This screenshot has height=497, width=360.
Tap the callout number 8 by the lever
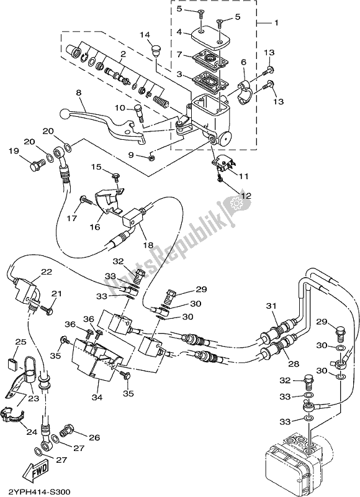point(79,94)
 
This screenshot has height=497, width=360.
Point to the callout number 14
point(145,34)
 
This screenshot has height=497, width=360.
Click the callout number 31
point(271,306)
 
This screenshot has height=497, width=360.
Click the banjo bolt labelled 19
point(36,164)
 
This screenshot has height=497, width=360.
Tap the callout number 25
point(20,342)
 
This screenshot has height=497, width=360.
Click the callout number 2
point(124,55)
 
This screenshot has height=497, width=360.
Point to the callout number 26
point(94,438)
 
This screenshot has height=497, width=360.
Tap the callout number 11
point(245,176)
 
